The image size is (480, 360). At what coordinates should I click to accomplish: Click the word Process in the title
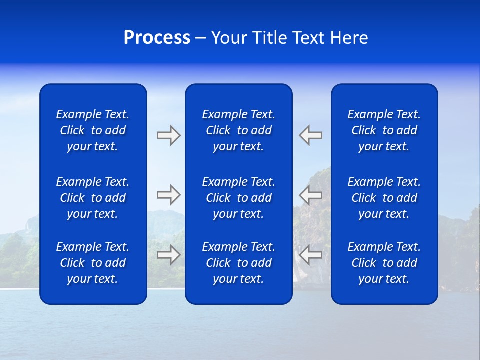[x=157, y=38]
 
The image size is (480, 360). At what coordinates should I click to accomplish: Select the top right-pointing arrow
[x=169, y=135]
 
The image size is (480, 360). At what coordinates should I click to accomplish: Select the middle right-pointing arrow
[x=169, y=195]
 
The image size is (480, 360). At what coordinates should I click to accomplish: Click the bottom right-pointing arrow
[x=169, y=254]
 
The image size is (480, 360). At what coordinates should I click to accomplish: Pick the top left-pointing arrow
[x=310, y=135]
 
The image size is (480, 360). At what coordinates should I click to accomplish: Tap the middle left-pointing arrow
[x=310, y=195]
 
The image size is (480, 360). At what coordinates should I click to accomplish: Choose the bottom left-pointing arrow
[x=310, y=254]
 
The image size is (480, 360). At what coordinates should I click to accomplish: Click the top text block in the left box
[x=93, y=130]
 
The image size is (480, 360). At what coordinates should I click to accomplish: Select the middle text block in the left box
[x=93, y=198]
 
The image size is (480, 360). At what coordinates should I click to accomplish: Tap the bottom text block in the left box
[x=93, y=263]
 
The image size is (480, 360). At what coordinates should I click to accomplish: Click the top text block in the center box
[x=239, y=130]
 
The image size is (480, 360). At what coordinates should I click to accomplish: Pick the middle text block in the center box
[x=239, y=198]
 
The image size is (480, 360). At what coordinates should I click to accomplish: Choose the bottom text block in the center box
[x=239, y=263]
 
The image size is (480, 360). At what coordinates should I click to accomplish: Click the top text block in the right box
[x=384, y=130]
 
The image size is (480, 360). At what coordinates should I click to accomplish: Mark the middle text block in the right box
[x=384, y=198]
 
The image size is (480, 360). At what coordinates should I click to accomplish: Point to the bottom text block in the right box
[x=384, y=263]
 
